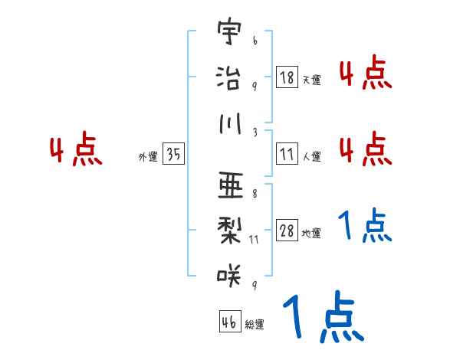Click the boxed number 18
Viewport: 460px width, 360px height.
tap(287, 77)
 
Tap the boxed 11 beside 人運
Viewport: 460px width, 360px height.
tap(287, 155)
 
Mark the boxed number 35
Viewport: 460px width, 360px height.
tap(173, 155)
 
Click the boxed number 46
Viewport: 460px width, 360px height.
tap(228, 322)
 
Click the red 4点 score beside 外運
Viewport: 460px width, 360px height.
tap(75, 151)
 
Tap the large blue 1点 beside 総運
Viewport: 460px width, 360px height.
tap(322, 317)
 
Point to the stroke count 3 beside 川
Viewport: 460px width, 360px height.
tap(254, 132)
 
